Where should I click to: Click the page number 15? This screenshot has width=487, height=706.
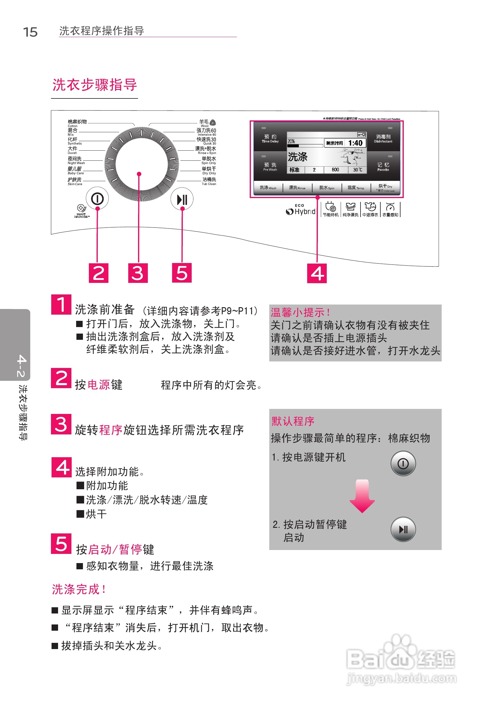[x=30, y=32]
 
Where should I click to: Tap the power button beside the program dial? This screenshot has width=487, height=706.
[x=97, y=199]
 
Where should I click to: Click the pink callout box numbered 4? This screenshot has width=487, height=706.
[x=317, y=273]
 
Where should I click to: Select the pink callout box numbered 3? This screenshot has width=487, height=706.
[x=138, y=273]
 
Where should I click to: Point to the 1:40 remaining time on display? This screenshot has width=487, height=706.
[x=355, y=143]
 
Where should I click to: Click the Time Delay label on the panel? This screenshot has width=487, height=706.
[x=270, y=139]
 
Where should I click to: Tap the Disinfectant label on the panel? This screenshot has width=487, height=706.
[x=383, y=139]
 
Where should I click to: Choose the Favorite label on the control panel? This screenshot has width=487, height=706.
[x=383, y=167]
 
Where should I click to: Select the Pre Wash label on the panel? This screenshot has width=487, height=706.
[x=270, y=167]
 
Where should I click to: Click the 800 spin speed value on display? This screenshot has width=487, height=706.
[x=335, y=170]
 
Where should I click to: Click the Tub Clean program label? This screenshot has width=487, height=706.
[x=209, y=181]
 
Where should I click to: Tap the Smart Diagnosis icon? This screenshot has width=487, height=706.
[x=81, y=211]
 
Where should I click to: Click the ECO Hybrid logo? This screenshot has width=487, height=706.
[x=301, y=210]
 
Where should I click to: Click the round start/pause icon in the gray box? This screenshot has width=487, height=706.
[x=403, y=529]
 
